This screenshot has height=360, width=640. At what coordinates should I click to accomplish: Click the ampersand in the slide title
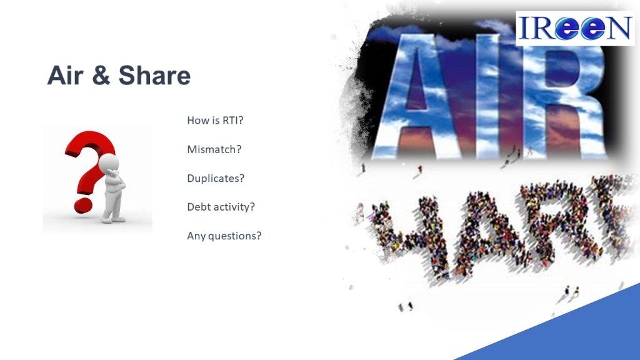(x=101, y=76)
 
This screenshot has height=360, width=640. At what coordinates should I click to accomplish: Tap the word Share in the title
(x=155, y=76)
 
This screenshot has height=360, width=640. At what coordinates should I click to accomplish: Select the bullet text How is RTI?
(x=215, y=121)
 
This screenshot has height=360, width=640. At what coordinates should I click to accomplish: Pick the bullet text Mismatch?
(x=214, y=149)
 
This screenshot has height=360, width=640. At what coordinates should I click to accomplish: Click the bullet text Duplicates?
(x=216, y=178)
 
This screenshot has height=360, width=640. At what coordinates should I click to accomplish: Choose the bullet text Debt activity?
(x=221, y=207)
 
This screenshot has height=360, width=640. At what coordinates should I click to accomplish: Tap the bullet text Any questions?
(x=224, y=236)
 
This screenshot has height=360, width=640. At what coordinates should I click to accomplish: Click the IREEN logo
(x=575, y=28)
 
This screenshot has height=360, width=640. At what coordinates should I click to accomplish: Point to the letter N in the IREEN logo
(x=617, y=28)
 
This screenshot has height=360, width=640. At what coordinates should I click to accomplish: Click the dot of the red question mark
(x=83, y=205)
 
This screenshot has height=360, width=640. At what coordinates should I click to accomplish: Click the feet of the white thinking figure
(x=113, y=219)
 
